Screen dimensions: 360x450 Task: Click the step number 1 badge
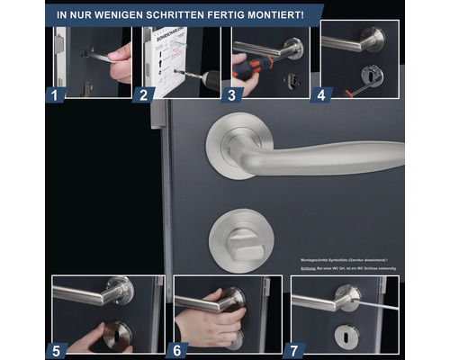click(54, 93)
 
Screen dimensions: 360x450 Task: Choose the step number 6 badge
click(176, 349)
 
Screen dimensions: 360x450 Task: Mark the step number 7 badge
click(294, 349)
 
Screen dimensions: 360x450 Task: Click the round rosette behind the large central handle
click(236, 146)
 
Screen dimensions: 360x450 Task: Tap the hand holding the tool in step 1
click(120, 63)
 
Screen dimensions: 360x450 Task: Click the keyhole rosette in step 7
click(346, 335)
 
